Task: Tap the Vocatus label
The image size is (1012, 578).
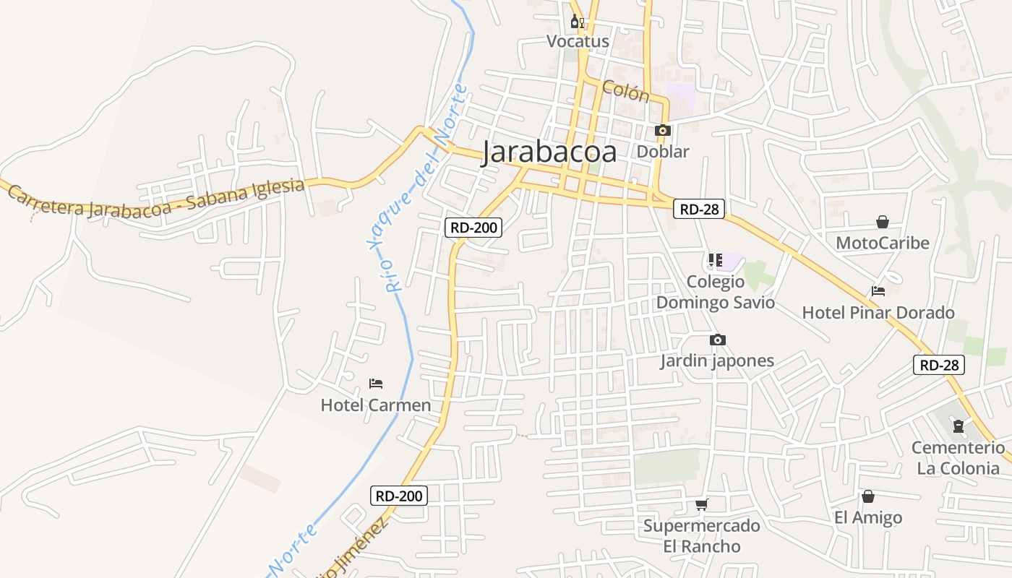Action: pyautogui.click(x=578, y=41)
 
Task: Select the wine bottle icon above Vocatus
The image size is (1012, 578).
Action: pyautogui.click(x=577, y=21)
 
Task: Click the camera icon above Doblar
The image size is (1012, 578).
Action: pyautogui.click(x=662, y=131)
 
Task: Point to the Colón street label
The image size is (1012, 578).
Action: pyautogui.click(x=625, y=91)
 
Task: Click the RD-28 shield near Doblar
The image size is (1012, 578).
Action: pyautogui.click(x=699, y=210)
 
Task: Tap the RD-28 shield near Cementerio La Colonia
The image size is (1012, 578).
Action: pyautogui.click(x=939, y=365)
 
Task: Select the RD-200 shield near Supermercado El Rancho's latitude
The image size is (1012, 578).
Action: pyautogui.click(x=399, y=496)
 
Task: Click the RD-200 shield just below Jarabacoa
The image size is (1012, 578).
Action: pyautogui.click(x=473, y=228)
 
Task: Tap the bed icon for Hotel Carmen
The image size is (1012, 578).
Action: pyautogui.click(x=375, y=383)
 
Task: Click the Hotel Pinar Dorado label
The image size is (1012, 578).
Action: pyautogui.click(x=878, y=313)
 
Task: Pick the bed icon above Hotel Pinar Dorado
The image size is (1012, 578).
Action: pyautogui.click(x=878, y=291)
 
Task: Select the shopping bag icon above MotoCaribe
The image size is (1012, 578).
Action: pyautogui.click(x=882, y=222)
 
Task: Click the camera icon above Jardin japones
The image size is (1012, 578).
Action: pyautogui.click(x=717, y=340)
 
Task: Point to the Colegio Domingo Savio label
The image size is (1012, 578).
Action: pyautogui.click(x=715, y=292)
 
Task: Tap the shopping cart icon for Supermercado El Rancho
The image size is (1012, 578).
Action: pyautogui.click(x=701, y=504)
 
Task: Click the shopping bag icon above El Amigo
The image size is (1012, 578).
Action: pyautogui.click(x=867, y=496)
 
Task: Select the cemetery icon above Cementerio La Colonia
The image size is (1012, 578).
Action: pyautogui.click(x=958, y=426)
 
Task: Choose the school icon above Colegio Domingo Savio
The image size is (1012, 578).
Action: pyautogui.click(x=715, y=260)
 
